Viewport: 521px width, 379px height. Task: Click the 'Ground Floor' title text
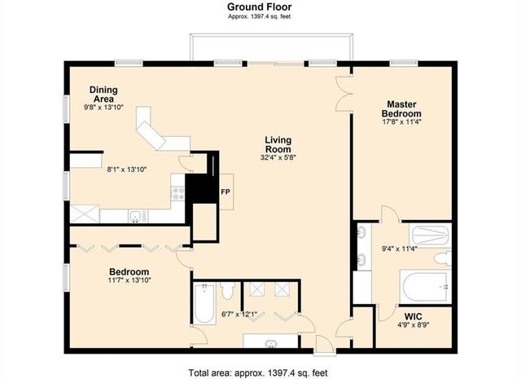pos(260,7)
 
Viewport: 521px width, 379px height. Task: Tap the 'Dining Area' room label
pos(106,93)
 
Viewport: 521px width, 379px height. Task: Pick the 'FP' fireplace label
pos(225,192)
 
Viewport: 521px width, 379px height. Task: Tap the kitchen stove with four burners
pos(178,193)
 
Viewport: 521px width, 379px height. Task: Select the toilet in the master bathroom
pos(440,258)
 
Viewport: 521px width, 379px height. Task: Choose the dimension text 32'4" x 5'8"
pos(278,159)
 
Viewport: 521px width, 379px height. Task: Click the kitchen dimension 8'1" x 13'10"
pos(128,170)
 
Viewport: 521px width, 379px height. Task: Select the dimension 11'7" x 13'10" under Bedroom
pos(129,280)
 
